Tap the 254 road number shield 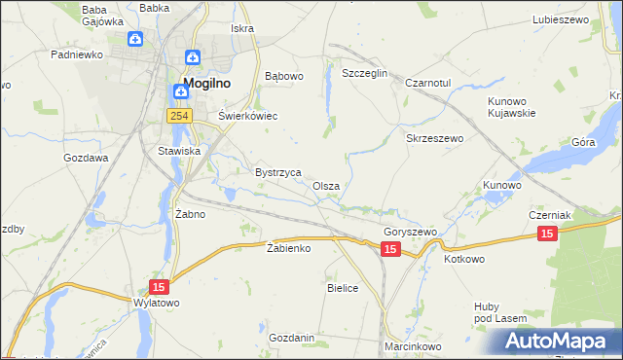[177, 116]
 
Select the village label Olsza [326, 186]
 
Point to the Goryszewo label [410, 233]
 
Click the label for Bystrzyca [277, 171]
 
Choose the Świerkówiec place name [247, 116]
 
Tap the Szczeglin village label [365, 74]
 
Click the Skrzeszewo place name [434, 138]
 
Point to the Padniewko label [77, 55]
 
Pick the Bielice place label [343, 288]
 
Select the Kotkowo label [464, 260]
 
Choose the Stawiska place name [179, 151]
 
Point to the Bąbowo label [285, 75]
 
